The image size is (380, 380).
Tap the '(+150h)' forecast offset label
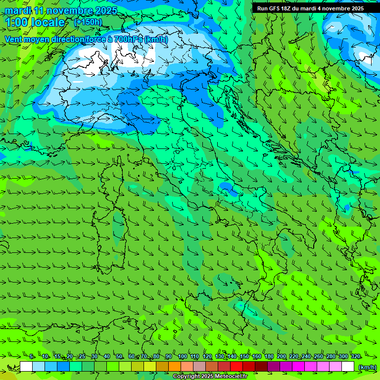(x=88, y=22)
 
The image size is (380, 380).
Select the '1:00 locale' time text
(x=35, y=22)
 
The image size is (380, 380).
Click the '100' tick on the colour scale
(x=182, y=356)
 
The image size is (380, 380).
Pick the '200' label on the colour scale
(x=281, y=356)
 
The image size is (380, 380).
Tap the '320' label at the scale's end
(x=355, y=356)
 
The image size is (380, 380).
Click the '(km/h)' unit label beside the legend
(x=367, y=367)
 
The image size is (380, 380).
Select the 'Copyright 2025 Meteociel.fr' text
(x=210, y=377)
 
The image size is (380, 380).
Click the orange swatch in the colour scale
(x=175, y=367)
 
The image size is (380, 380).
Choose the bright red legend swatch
(x=237, y=367)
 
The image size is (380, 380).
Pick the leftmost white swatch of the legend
(x=26, y=367)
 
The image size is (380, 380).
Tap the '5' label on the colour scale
(x=31, y=356)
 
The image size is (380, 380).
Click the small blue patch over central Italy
(x=226, y=187)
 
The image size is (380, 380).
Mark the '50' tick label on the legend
(x=119, y=356)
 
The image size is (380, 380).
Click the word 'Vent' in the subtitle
(x=13, y=39)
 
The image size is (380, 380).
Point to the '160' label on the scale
(x=256, y=356)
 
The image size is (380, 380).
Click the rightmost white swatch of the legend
(x=348, y=367)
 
